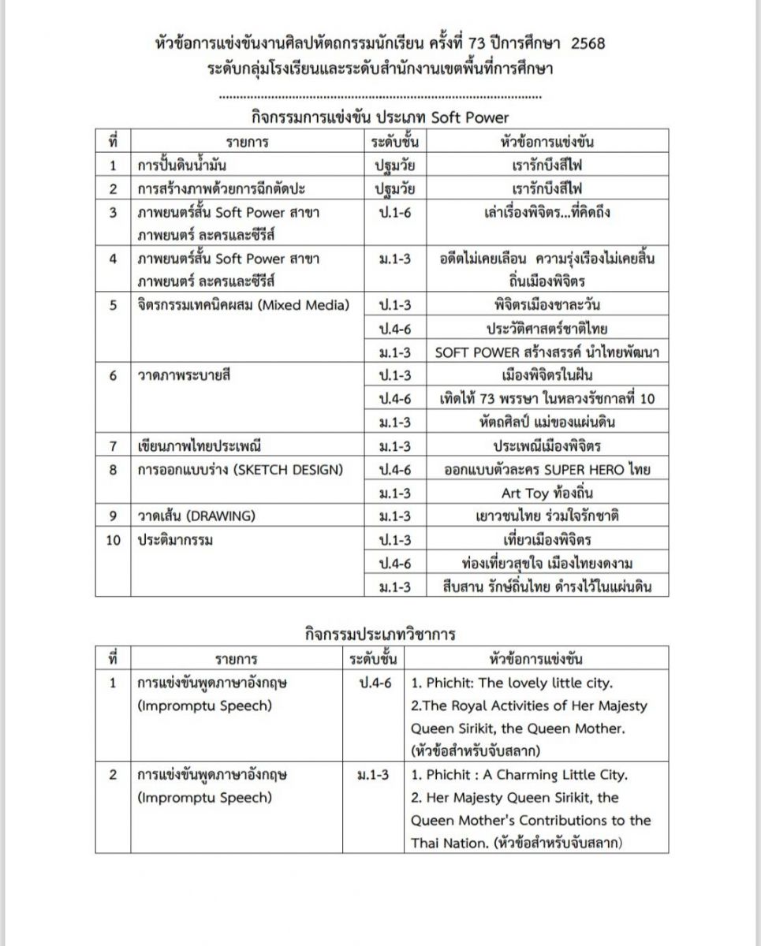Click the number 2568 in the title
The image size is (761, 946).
pos(583,43)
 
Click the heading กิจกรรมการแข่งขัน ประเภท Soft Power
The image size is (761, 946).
pos(380,117)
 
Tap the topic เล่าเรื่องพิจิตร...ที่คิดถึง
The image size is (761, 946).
pos(547,213)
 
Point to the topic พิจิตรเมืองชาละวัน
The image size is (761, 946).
pos(547,304)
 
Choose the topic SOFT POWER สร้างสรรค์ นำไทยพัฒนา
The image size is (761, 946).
pos(547,352)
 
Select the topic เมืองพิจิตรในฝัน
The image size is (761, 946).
pos(547,375)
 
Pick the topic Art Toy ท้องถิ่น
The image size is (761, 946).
pos(547,493)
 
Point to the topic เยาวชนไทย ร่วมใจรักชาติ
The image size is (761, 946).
pos(547,517)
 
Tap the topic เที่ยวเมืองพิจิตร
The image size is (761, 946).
pos(547,541)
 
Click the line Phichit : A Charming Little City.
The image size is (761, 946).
pos(519,775)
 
